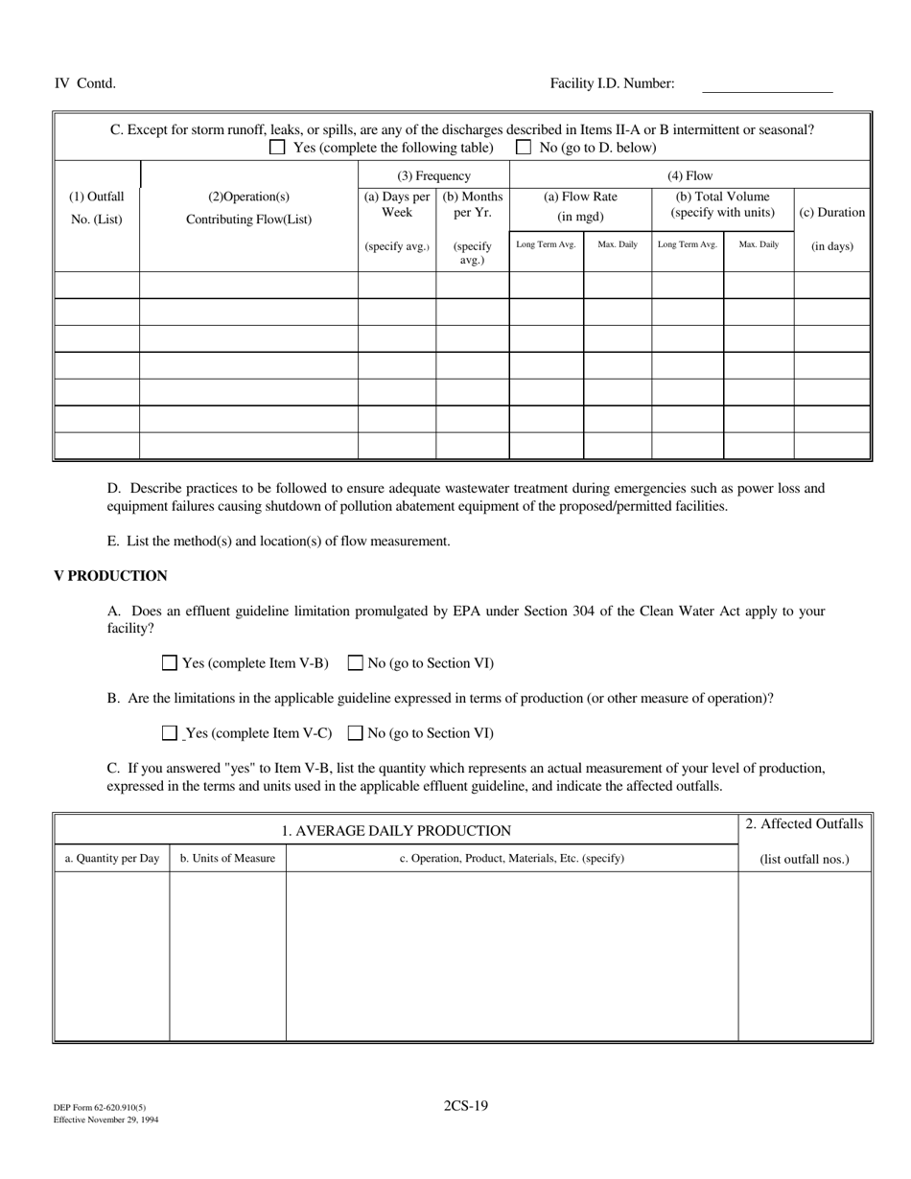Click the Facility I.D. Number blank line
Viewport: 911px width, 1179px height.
[767, 86]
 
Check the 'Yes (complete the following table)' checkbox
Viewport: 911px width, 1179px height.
[277, 148]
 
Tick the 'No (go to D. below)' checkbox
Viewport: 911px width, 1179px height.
[524, 148]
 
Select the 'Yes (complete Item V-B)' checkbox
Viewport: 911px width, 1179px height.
[170, 662]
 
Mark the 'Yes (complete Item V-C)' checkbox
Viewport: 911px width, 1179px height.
[170, 733]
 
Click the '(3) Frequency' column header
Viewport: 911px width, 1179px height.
[433, 175]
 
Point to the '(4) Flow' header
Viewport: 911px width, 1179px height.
[689, 175]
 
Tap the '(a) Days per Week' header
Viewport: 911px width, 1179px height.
[397, 205]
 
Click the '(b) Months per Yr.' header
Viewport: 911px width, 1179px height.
[472, 205]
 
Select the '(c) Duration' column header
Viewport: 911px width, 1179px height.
[831, 213]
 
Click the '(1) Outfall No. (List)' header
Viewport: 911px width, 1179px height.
[97, 207]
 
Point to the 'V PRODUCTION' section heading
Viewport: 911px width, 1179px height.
[110, 576]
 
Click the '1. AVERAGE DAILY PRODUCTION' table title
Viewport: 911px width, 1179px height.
[396, 831]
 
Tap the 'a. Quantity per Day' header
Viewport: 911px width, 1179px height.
[112, 859]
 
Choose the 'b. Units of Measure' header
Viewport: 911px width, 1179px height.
[227, 859]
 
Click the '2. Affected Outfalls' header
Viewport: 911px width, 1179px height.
[804, 824]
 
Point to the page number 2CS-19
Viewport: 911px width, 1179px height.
[465, 1105]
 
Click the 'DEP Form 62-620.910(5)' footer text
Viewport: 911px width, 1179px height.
[100, 1108]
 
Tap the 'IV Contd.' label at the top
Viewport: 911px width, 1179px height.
[84, 83]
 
